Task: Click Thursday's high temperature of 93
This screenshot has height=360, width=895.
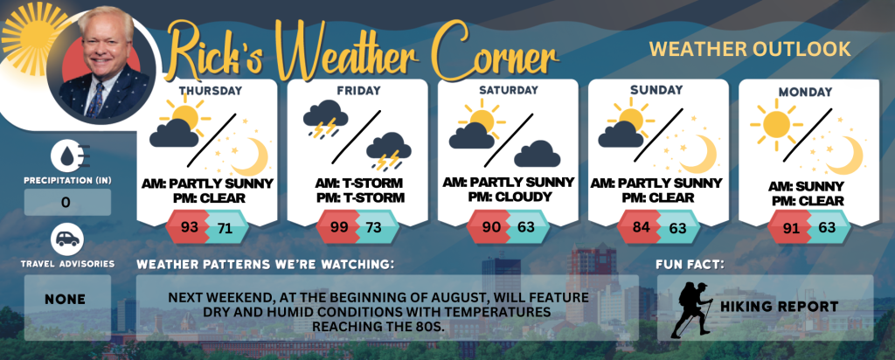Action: [x=189, y=228]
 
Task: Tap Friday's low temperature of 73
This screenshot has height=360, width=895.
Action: [x=373, y=228]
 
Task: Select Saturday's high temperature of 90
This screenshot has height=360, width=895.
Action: [x=491, y=227]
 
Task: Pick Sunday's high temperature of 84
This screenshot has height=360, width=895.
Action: [x=642, y=228]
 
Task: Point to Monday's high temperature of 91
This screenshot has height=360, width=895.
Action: [x=792, y=228]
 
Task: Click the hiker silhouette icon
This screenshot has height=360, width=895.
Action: [x=691, y=308]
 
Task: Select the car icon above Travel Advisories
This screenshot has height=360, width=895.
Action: [x=68, y=239]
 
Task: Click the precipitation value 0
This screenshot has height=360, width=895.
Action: [x=66, y=203]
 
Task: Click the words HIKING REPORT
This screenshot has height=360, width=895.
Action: [x=779, y=307]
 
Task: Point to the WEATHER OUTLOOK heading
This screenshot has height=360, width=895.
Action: [x=750, y=49]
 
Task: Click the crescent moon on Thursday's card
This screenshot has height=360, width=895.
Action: [x=252, y=156]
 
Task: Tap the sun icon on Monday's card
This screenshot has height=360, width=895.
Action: [x=776, y=123]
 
